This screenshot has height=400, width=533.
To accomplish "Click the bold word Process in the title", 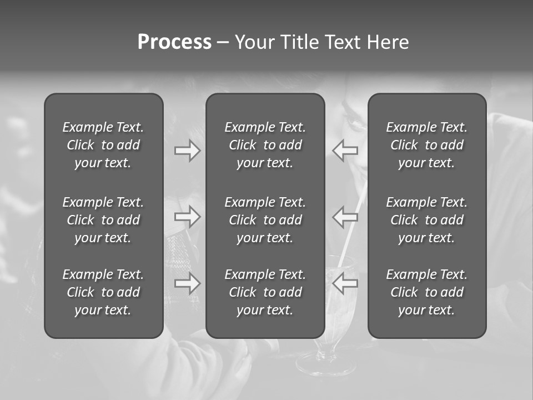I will (x=174, y=42).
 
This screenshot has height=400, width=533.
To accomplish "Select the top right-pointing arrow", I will (x=187, y=150).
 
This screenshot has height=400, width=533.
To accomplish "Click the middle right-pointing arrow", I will (x=187, y=217).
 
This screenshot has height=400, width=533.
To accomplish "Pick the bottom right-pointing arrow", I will (x=187, y=283).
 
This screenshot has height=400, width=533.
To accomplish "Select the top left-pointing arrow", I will (x=345, y=150).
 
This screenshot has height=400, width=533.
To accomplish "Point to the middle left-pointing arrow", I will (x=345, y=217).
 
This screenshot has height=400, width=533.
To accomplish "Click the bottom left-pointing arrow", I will (x=345, y=283).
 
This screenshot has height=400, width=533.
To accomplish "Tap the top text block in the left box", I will (x=103, y=145).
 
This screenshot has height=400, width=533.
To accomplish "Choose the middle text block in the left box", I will (x=103, y=220).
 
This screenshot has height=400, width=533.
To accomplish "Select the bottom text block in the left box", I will (x=103, y=292).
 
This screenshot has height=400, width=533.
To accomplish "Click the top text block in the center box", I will (x=265, y=145).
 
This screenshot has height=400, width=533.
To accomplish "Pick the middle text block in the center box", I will (x=265, y=220).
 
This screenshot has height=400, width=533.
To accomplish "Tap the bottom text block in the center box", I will (x=265, y=292).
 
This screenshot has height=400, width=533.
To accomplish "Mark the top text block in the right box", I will (x=427, y=145).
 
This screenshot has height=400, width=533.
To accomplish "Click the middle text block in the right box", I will (x=427, y=220).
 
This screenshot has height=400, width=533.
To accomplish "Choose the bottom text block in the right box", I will (x=427, y=292).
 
